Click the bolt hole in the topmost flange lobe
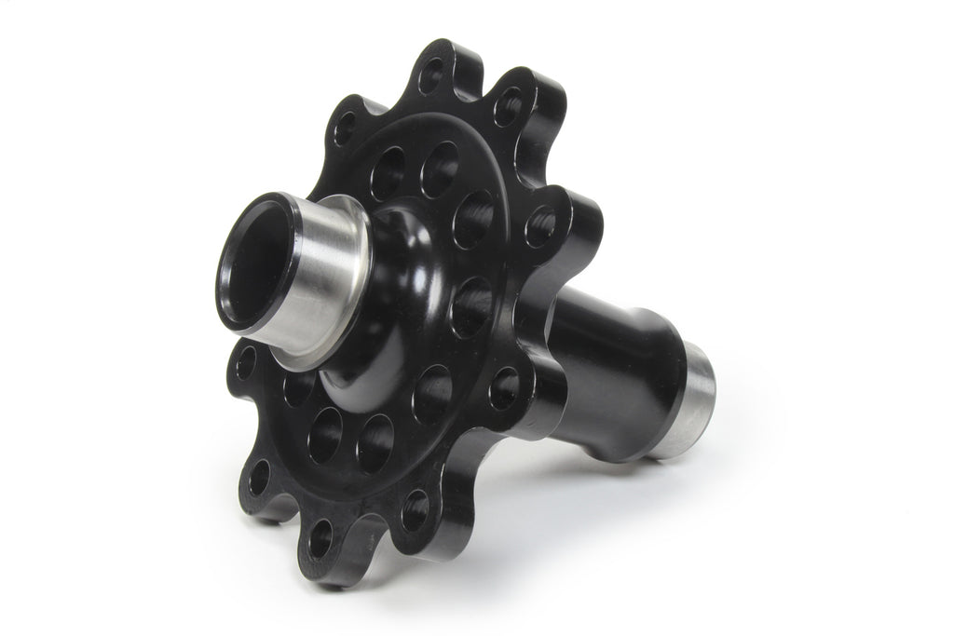click(432, 75)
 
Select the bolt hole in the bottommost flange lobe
click(321, 538)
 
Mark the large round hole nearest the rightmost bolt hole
click(474, 218)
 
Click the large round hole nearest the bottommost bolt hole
click(325, 434)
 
